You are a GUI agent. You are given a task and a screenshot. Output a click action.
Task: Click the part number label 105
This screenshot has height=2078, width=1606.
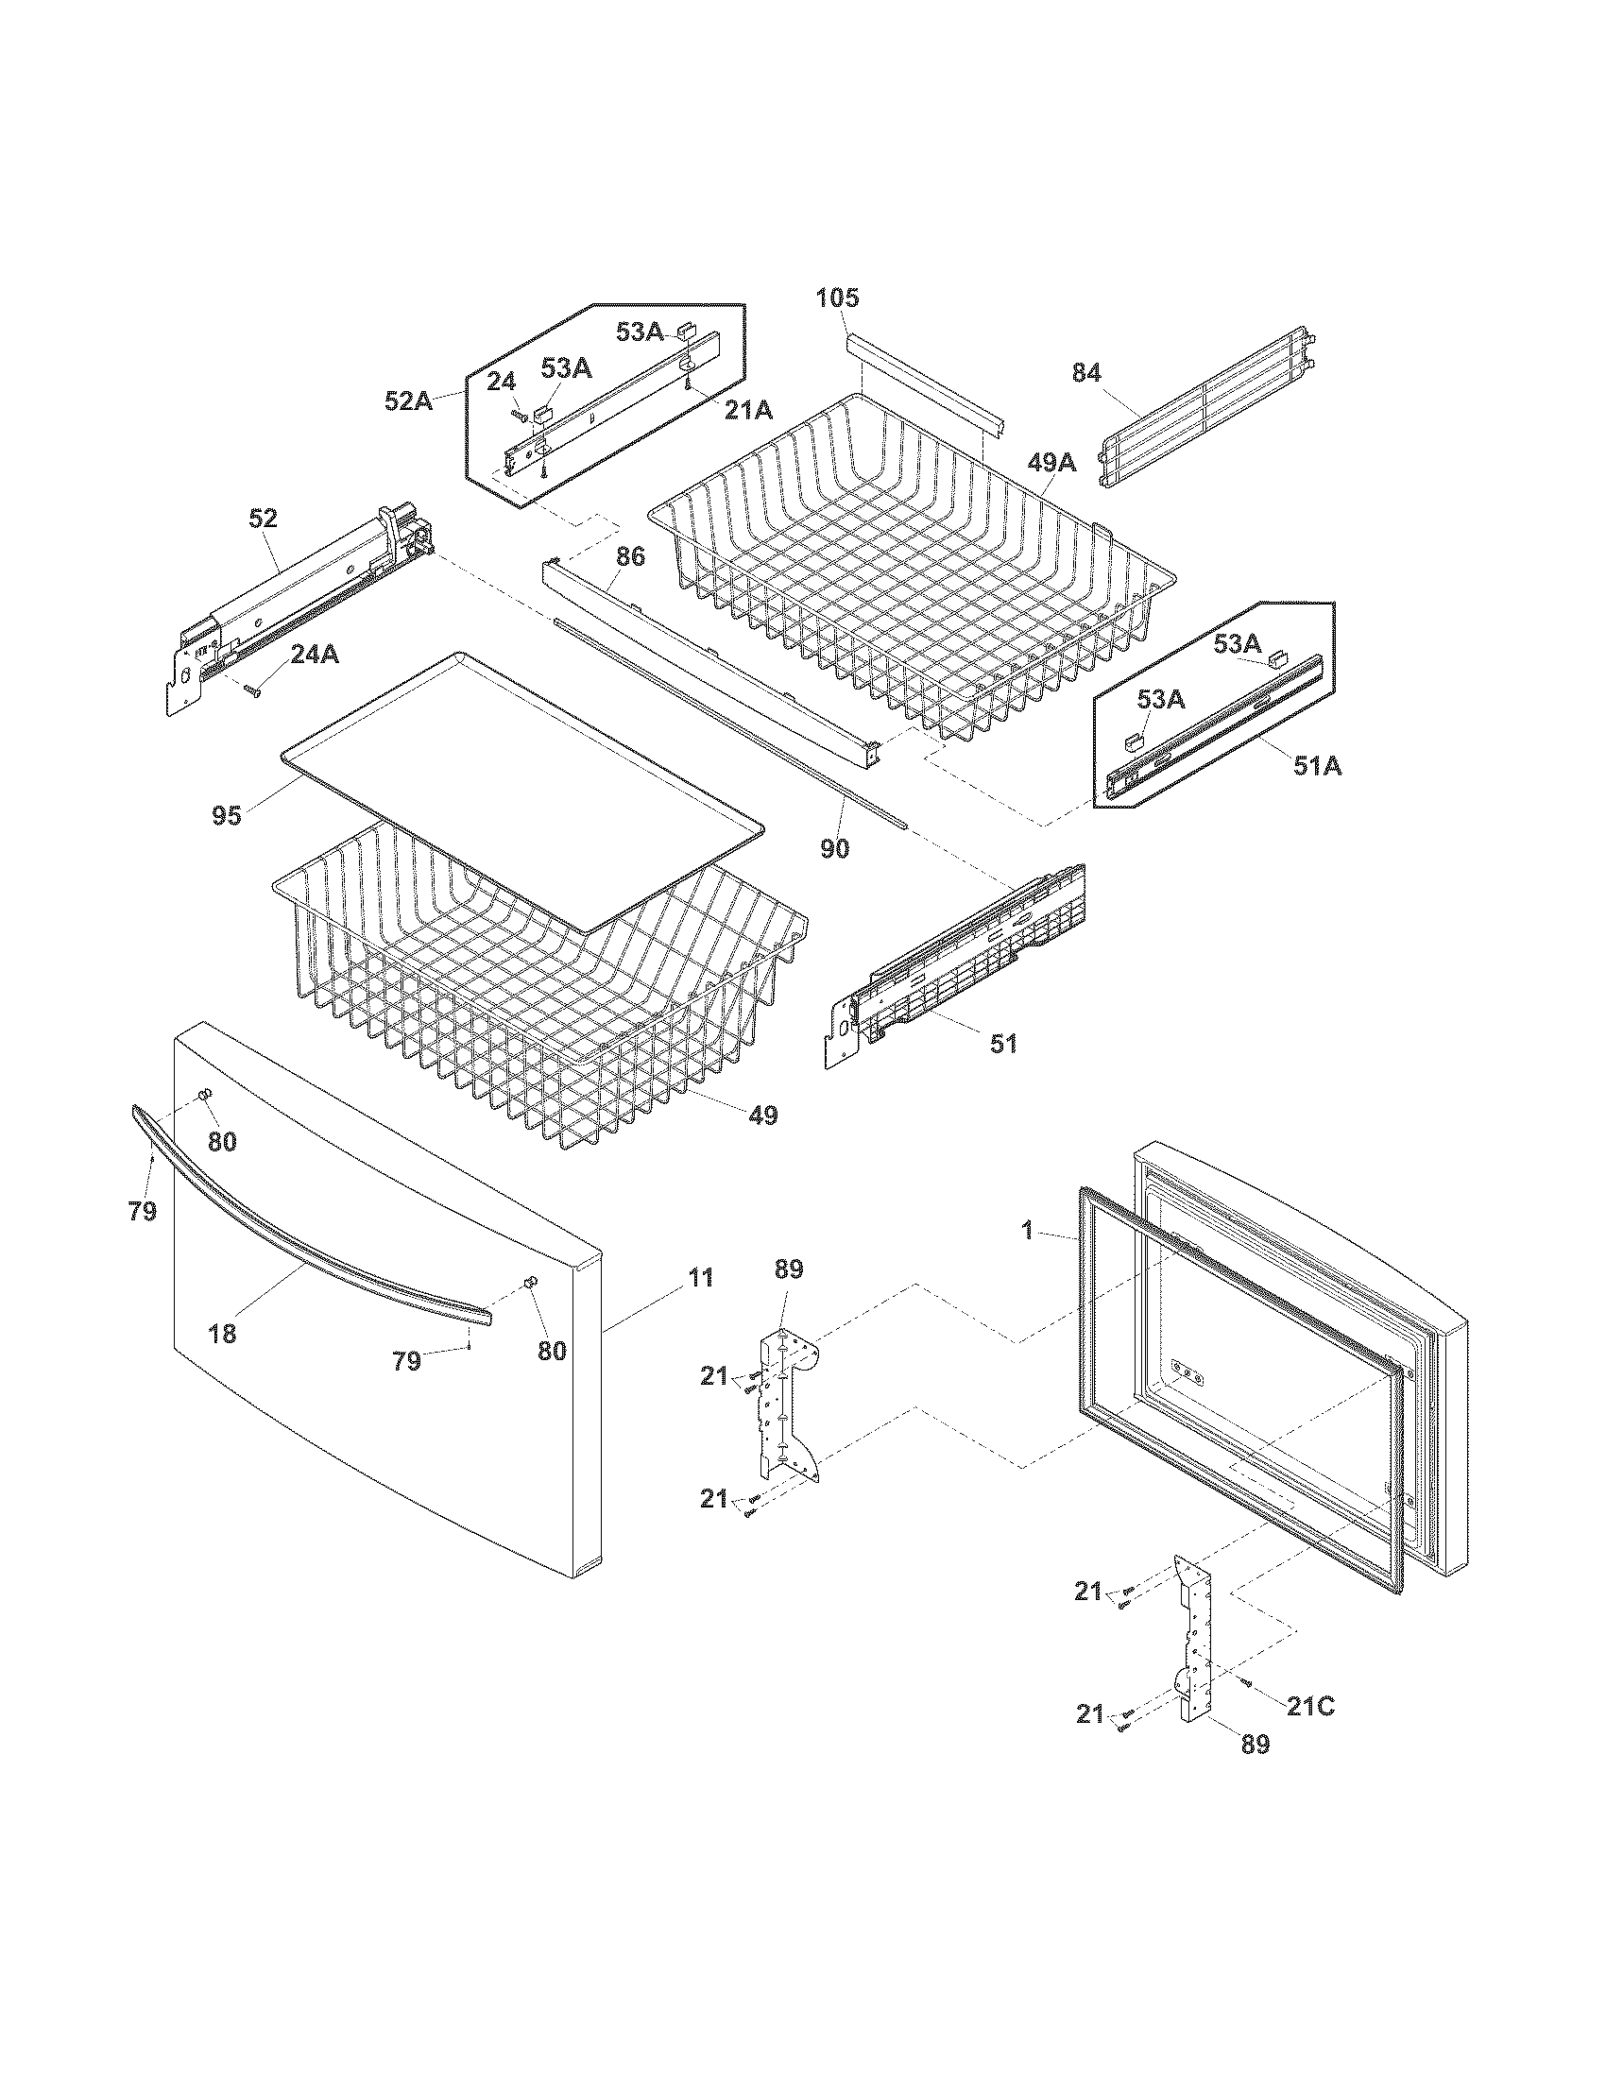coord(837,298)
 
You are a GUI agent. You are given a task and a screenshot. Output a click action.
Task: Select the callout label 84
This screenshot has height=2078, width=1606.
coord(1086,373)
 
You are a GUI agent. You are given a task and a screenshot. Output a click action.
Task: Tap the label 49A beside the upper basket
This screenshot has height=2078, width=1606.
coord(1051,463)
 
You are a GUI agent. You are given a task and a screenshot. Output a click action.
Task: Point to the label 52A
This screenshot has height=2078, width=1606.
coord(408,401)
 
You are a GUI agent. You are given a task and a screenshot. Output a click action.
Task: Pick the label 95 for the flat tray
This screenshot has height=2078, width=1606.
coord(227,815)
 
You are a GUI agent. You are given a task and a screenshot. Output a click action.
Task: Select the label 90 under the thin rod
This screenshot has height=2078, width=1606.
coord(834,849)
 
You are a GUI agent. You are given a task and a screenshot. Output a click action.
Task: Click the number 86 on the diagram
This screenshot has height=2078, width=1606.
coord(630,556)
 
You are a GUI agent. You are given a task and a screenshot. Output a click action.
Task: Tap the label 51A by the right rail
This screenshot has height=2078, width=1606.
coord(1317,765)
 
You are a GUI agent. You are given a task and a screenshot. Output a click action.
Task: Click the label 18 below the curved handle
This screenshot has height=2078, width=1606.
coord(222,1334)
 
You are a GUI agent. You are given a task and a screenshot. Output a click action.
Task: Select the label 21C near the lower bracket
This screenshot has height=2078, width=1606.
coord(1310,1707)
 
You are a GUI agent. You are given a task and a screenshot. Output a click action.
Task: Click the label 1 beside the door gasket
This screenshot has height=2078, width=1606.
coord(1027,1230)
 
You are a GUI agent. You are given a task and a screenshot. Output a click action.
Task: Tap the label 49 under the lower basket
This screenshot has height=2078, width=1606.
coord(762,1116)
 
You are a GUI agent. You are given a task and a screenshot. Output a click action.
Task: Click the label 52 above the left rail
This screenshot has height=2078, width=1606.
coord(263,519)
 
